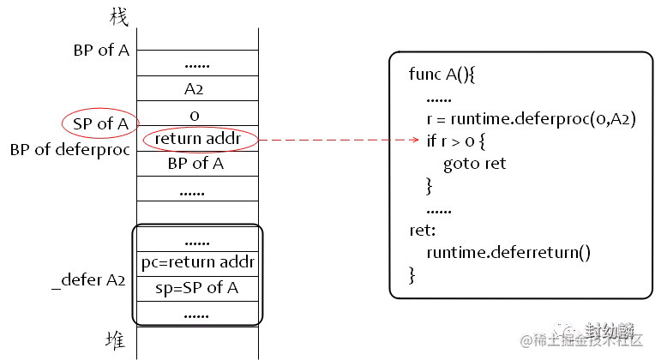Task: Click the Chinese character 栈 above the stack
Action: [x=119, y=17]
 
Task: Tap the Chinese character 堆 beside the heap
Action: [x=115, y=340]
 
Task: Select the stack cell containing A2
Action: [x=197, y=88]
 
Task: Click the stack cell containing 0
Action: [x=197, y=113]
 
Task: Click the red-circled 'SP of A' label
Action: [x=100, y=123]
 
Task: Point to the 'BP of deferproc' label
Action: [x=70, y=149]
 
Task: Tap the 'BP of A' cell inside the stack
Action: [x=197, y=164]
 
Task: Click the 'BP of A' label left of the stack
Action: [x=101, y=50]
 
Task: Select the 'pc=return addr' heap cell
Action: [x=197, y=263]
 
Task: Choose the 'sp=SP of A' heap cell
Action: [x=197, y=289]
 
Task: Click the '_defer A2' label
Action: [x=88, y=279]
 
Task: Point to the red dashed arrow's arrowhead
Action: [x=415, y=140]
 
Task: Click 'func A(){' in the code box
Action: [x=442, y=75]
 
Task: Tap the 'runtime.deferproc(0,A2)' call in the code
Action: [x=543, y=119]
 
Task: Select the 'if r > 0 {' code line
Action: [x=456, y=141]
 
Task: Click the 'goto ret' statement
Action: [x=475, y=164]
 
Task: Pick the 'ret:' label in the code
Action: [x=423, y=230]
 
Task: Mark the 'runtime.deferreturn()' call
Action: [x=508, y=252]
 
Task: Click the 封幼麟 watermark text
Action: [x=609, y=330]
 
